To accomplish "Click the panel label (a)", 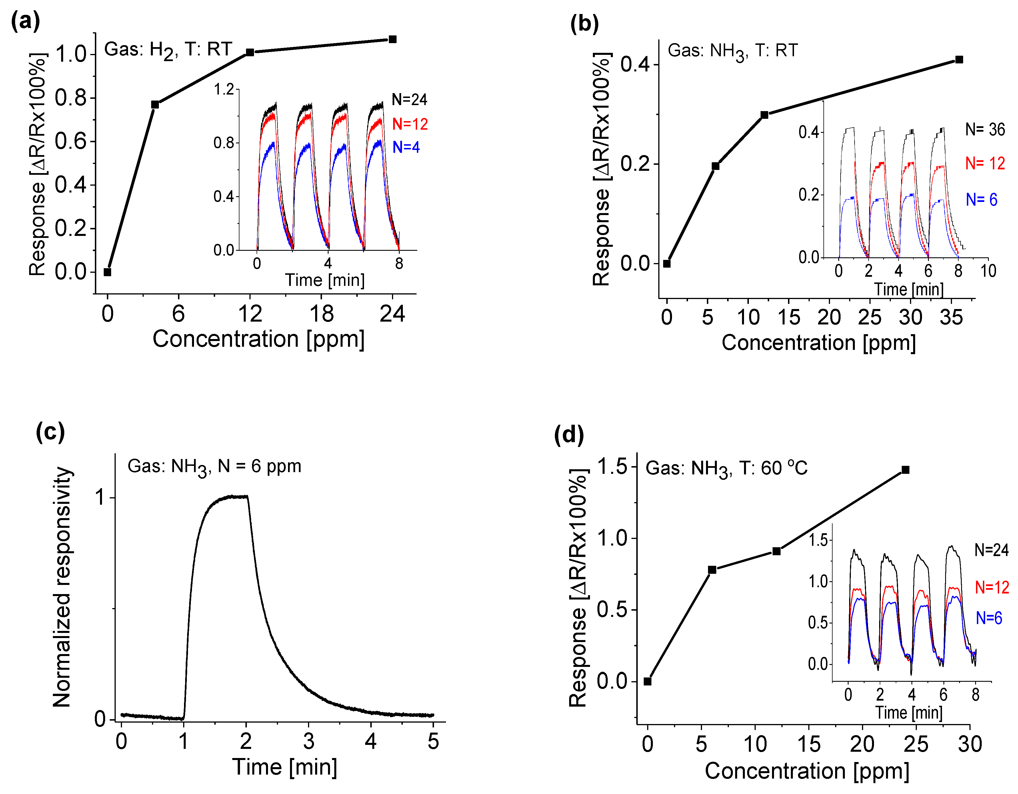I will [x=26, y=21].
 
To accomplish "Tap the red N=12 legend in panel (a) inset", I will [x=410, y=124].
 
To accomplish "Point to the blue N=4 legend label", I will [x=406, y=147].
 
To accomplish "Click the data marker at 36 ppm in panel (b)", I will [x=959, y=60].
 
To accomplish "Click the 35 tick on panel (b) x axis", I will [x=951, y=317].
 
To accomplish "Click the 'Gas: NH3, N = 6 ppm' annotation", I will [x=214, y=467].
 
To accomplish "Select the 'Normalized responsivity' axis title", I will [x=62, y=587].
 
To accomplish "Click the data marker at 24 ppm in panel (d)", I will [x=905, y=470].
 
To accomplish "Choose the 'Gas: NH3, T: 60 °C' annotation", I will [x=726, y=468].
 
